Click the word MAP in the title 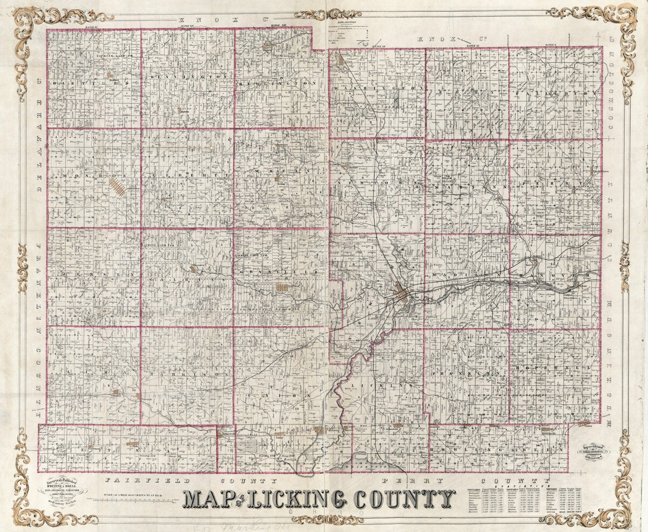205,499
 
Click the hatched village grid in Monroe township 118,187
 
